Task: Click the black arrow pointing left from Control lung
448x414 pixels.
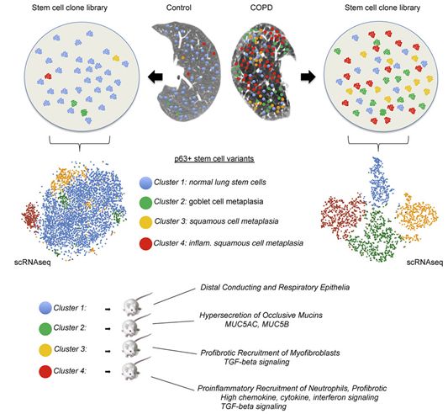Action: [155, 77]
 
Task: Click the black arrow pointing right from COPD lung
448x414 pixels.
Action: [308, 77]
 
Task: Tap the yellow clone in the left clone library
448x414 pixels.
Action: [116, 58]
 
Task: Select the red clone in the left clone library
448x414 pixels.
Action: [48, 76]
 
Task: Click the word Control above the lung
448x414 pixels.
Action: [178, 8]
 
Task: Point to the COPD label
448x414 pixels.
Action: [261, 8]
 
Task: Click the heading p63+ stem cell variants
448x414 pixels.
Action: [214, 158]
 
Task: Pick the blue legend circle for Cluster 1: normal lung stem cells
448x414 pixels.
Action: [145, 183]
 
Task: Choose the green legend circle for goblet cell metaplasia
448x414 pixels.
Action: [145, 203]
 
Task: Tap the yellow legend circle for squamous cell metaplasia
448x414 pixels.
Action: [145, 222]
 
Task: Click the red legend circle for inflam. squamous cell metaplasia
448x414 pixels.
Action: [145, 244]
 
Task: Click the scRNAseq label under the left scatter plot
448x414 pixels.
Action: [32, 262]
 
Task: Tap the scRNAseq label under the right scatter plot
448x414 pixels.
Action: [424, 262]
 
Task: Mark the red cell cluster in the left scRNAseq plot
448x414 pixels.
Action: [30, 217]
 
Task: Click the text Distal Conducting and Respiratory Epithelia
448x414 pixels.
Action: [275, 287]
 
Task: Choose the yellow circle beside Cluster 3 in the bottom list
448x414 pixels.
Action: [45, 350]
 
